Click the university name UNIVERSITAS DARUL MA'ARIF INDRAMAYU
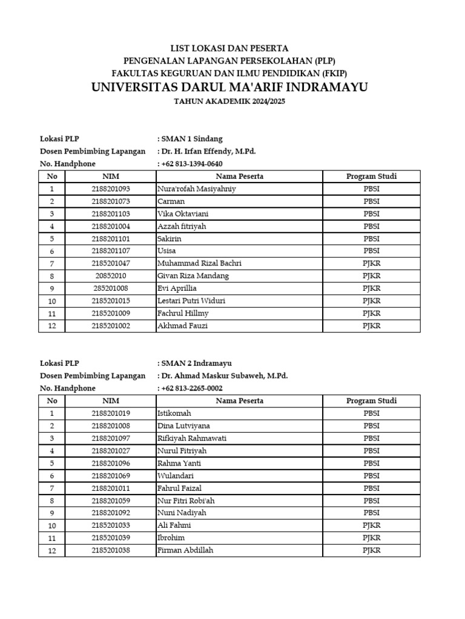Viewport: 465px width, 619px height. point(229,87)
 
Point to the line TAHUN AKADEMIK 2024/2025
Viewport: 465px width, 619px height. point(229,102)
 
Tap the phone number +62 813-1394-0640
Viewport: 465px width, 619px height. point(192,164)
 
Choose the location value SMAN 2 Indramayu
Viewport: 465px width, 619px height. point(196,363)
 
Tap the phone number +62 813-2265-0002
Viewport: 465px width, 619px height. point(192,388)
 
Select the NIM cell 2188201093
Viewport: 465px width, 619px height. point(111,189)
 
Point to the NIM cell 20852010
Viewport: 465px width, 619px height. point(111,276)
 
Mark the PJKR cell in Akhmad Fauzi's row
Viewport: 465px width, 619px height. point(371,326)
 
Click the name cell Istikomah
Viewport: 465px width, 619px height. point(174,413)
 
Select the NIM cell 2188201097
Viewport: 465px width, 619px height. point(111,438)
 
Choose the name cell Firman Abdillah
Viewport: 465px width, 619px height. point(185,551)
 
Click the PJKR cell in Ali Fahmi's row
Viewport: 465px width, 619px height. point(371,526)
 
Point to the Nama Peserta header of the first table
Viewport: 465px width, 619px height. point(239,177)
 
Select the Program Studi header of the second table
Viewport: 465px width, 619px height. point(371,401)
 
